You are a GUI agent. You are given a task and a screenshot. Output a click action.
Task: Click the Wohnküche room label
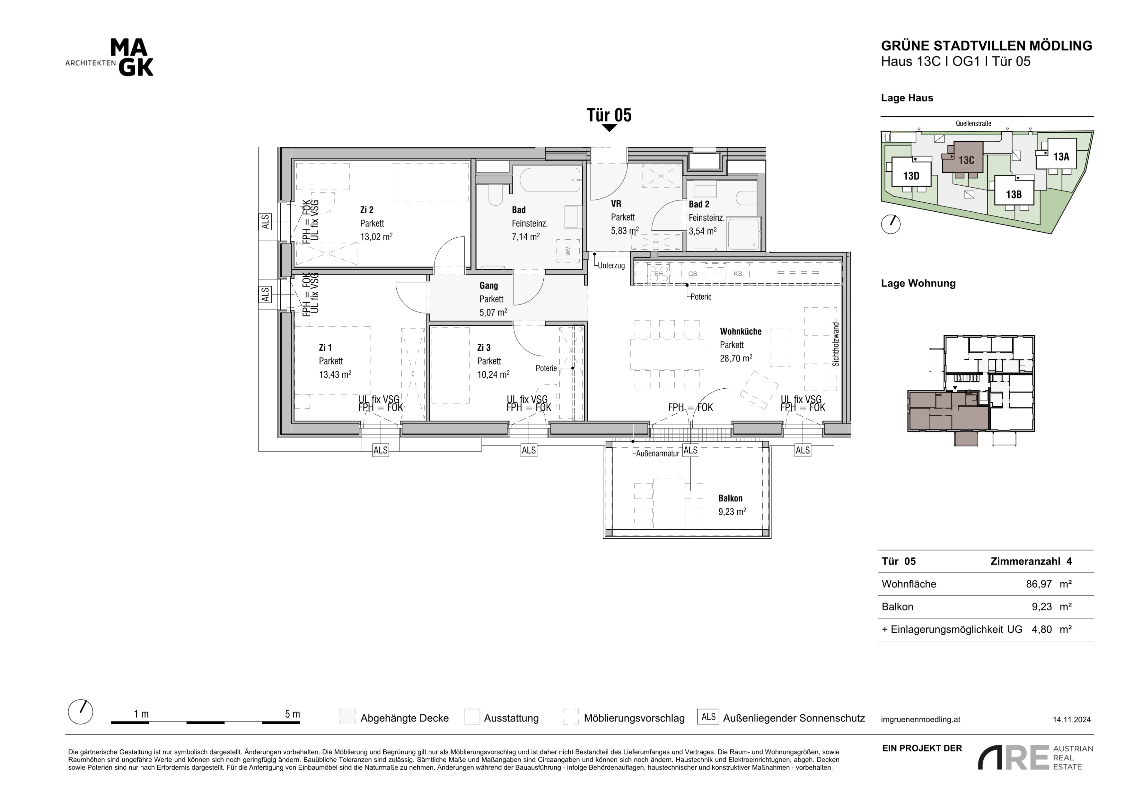[x=741, y=331]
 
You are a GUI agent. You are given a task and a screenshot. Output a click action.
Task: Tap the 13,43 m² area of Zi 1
[x=335, y=375]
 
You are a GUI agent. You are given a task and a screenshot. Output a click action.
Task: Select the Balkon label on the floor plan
[x=730, y=498]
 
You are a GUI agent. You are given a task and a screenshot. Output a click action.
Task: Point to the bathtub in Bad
[x=550, y=180]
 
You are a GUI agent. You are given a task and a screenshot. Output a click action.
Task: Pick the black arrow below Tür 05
[x=609, y=128]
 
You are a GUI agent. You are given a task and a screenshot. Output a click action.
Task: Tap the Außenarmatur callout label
[x=657, y=454]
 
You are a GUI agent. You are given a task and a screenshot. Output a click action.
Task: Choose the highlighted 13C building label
[x=966, y=160]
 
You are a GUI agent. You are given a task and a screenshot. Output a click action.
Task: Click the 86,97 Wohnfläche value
[x=1039, y=584]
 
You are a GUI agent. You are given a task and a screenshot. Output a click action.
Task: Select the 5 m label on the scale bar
[x=292, y=714]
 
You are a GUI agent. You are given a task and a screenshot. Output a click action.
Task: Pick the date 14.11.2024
[x=1072, y=720]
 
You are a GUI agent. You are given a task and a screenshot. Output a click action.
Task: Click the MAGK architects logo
[x=110, y=58]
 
